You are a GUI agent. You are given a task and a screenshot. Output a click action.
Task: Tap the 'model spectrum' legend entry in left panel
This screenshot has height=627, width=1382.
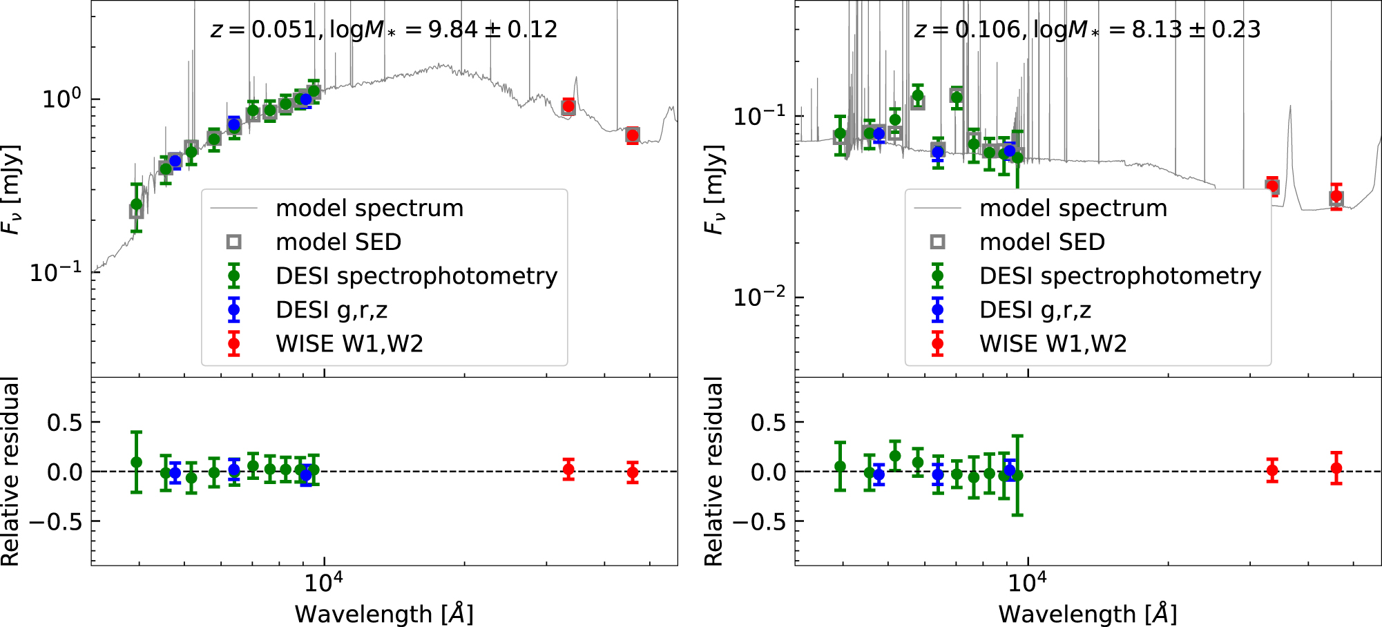point(370,208)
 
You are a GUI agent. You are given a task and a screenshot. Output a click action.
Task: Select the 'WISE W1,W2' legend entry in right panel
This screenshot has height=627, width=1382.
point(1053,343)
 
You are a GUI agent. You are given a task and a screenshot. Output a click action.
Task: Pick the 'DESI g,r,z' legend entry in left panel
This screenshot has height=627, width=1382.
point(332,309)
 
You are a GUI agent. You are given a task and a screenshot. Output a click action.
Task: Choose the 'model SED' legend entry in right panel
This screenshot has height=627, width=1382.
point(1042,242)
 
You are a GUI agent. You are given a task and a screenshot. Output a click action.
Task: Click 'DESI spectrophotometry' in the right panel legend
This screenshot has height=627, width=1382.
point(1120,276)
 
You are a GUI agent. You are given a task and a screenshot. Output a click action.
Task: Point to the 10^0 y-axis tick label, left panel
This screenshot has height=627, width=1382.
point(62,99)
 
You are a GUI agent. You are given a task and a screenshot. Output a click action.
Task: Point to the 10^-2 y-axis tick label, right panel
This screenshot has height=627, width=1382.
point(760,297)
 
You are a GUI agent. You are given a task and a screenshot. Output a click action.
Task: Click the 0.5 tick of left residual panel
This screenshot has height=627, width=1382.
point(65,422)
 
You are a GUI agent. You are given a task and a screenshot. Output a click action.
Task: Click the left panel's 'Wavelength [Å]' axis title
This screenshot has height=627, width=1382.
point(384,613)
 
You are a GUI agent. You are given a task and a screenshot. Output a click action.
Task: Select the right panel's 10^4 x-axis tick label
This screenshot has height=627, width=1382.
point(1027,583)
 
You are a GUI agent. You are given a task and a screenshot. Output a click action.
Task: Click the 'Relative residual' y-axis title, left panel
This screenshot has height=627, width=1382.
point(10,472)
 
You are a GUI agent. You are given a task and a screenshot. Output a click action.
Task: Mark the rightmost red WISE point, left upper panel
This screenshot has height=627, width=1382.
point(632,135)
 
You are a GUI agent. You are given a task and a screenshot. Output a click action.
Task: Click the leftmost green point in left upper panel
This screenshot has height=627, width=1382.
point(137,204)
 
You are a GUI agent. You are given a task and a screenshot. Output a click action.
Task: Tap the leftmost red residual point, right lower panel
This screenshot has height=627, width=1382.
point(1272,472)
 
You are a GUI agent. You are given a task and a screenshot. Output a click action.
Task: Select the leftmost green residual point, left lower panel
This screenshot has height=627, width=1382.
point(137,462)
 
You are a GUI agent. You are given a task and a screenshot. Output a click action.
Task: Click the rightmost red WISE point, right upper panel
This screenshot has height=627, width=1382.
point(1336,196)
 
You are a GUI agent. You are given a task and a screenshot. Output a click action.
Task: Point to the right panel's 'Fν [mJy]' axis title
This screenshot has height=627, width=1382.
point(714,190)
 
